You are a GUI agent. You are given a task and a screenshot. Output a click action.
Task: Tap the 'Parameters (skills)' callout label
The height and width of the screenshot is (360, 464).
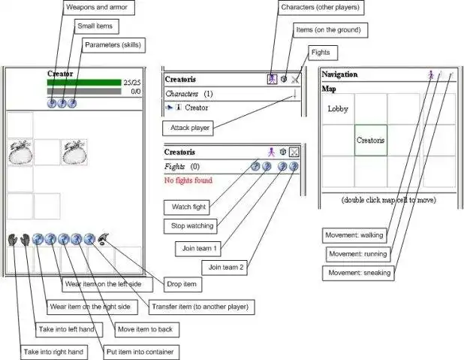click(x=113, y=45)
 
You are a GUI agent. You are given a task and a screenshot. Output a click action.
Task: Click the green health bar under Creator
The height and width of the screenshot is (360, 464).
click(x=83, y=83)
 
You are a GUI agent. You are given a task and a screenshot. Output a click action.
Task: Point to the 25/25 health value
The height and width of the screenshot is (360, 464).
click(x=132, y=83)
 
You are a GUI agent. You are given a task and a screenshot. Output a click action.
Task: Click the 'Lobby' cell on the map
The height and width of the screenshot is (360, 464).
click(x=337, y=109)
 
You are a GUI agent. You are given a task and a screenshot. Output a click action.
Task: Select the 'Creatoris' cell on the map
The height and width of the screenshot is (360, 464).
click(x=370, y=140)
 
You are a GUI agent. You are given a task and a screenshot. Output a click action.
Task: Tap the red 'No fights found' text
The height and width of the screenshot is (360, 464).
click(x=188, y=180)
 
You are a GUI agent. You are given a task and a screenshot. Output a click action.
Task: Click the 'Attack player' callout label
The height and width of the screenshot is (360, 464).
click(x=191, y=129)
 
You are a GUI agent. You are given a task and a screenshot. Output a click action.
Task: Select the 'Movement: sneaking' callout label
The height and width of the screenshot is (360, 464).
click(x=358, y=273)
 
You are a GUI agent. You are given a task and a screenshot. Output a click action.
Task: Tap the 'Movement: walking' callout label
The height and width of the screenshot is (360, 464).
click(x=354, y=235)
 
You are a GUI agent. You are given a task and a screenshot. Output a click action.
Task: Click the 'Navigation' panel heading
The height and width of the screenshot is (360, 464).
click(x=339, y=74)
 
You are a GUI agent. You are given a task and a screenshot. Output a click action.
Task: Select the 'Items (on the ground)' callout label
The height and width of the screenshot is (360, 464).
click(x=330, y=30)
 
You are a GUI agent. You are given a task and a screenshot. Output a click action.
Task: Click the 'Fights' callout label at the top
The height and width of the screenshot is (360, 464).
click(x=321, y=53)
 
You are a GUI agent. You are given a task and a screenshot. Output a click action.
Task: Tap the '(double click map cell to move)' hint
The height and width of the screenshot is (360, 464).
click(x=388, y=200)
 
